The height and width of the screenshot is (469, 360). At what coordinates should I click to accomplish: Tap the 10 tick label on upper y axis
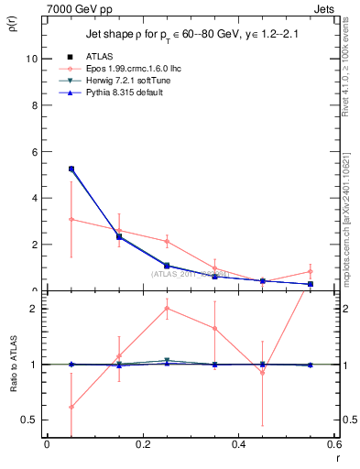[30, 58]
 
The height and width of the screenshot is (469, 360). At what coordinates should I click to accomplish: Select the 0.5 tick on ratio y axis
[29, 420]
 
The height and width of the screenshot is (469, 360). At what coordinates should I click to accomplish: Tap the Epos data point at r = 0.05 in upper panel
[71, 219]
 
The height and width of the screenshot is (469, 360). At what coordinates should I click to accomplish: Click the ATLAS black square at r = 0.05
[71, 169]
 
